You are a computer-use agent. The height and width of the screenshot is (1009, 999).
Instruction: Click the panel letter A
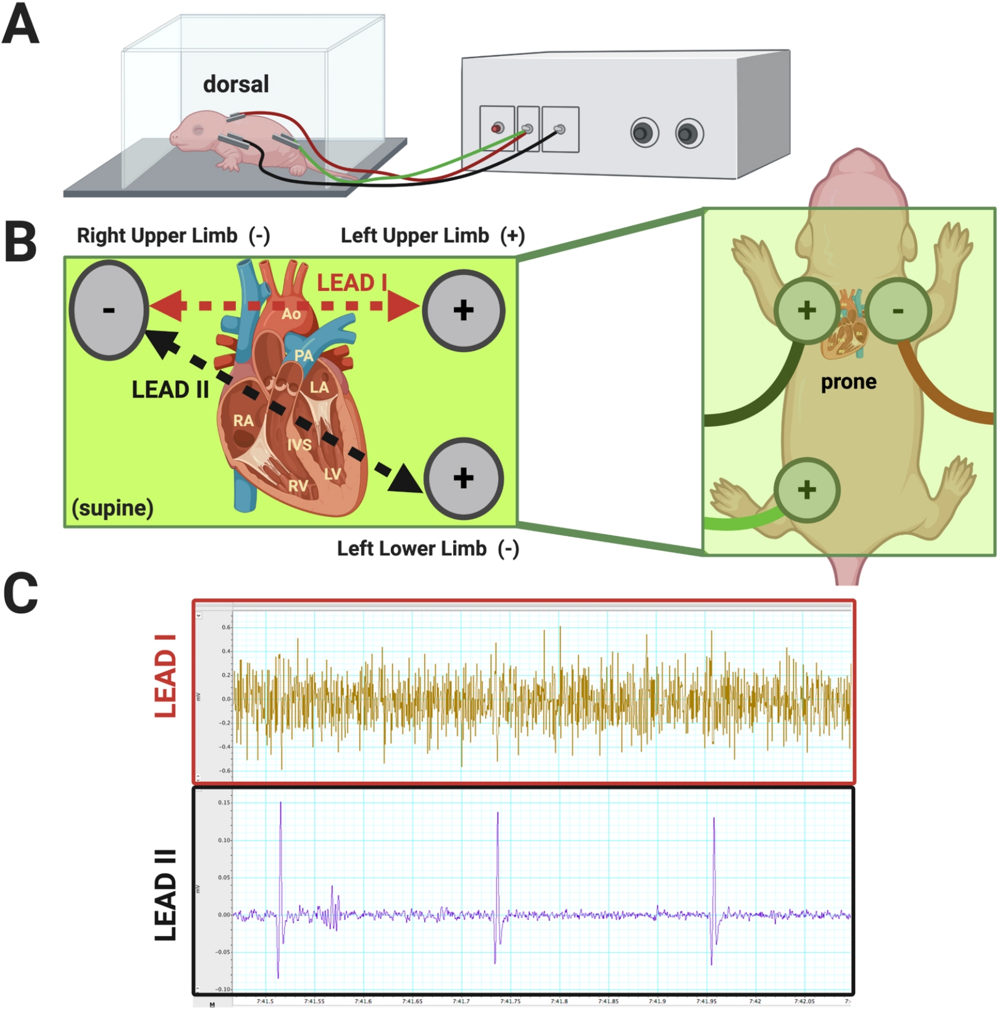20,25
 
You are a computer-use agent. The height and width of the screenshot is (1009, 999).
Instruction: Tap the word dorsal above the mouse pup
236,85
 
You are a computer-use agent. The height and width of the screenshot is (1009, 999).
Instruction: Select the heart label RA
243,421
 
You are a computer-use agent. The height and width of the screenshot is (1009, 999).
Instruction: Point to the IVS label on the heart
299,445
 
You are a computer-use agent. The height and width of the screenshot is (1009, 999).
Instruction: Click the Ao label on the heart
291,314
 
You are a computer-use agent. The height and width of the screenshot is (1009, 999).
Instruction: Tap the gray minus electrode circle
109,310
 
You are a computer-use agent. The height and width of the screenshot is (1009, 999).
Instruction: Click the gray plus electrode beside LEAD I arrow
463,310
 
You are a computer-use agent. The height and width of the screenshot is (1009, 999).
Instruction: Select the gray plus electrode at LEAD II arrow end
463,478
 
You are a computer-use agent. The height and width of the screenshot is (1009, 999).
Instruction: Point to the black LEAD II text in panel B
170,390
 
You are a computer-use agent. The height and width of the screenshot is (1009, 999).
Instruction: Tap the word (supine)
112,508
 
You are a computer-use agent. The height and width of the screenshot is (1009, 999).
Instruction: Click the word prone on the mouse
848,382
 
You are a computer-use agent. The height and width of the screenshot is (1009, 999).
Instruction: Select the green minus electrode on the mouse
898,310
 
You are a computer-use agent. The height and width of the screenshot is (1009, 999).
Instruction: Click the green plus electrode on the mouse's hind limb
806,490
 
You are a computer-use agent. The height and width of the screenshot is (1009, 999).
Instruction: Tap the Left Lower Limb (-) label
428,548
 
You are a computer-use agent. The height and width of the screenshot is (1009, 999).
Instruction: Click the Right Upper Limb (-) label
173,235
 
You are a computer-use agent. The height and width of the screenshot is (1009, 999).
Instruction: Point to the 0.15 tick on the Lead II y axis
224,803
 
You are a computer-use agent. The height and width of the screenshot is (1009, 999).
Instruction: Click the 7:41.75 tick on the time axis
510,1001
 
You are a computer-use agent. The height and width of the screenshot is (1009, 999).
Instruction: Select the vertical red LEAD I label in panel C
165,676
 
